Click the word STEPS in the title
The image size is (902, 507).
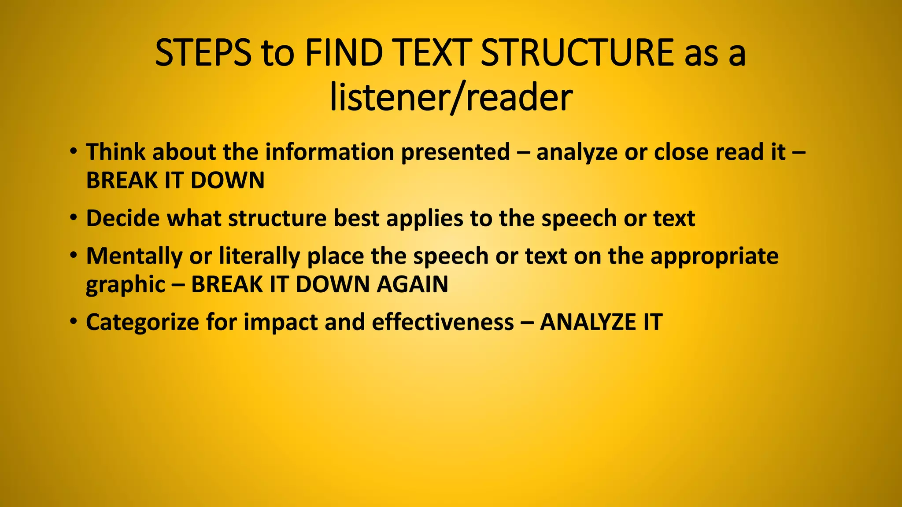click(x=203, y=53)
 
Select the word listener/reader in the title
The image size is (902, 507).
click(x=451, y=97)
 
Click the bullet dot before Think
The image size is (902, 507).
click(x=73, y=151)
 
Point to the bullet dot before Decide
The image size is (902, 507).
click(x=73, y=218)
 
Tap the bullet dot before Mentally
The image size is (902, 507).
click(x=73, y=255)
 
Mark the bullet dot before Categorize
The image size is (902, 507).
click(x=73, y=321)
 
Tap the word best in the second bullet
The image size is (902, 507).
click(x=356, y=218)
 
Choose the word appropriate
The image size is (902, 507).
click(x=714, y=257)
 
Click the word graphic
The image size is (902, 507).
click(x=126, y=285)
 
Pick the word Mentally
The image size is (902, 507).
click(x=134, y=256)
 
